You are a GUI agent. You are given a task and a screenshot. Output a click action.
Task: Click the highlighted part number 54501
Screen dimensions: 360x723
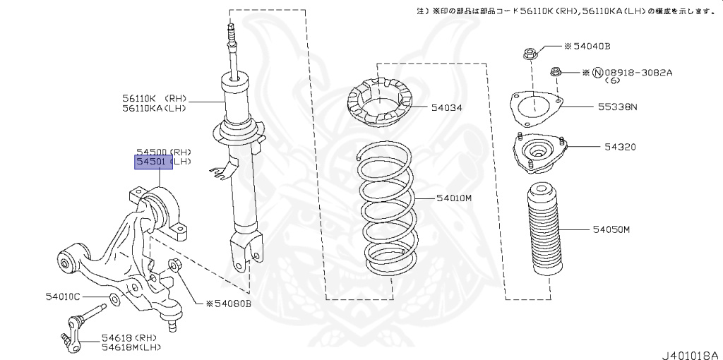154,162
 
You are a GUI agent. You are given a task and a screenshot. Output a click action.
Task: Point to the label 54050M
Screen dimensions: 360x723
611,230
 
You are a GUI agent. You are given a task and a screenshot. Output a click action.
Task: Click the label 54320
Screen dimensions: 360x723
619,148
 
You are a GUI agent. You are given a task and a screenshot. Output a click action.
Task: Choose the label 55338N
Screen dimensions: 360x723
618,107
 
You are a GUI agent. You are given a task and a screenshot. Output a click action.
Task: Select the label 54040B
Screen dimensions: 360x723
590,47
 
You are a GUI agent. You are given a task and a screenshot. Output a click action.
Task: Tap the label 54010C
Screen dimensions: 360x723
63,297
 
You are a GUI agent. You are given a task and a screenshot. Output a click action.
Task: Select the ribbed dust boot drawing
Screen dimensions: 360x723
544,233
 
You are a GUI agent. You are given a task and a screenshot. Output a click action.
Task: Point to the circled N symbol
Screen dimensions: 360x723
597,73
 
